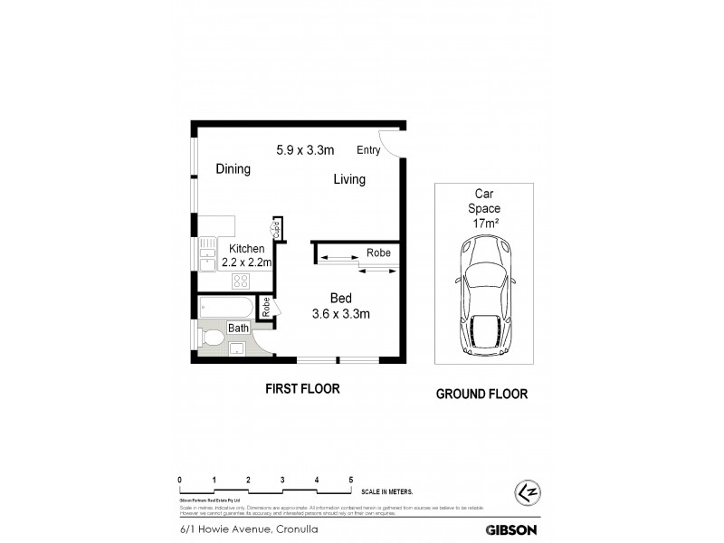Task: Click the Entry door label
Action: click(x=368, y=150)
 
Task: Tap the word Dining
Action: click(x=233, y=169)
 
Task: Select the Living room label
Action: click(x=349, y=179)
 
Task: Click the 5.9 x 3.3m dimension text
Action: click(x=306, y=149)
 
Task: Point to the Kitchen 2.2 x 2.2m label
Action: click(x=247, y=256)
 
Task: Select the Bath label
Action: click(x=238, y=328)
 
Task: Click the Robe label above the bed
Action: click(x=378, y=253)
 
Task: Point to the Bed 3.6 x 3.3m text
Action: click(x=341, y=306)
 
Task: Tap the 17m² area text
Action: click(x=487, y=223)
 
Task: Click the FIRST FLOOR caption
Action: click(x=302, y=389)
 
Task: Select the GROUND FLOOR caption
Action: click(x=481, y=394)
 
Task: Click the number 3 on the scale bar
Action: click(x=282, y=480)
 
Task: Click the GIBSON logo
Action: click(x=512, y=530)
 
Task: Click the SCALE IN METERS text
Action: click(x=387, y=491)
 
